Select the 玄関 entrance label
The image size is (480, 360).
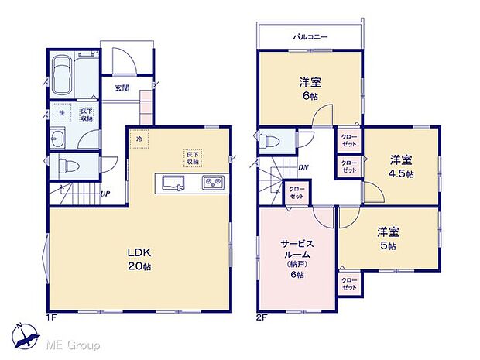coord(122,88)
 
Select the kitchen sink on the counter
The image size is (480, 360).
coord(172,183)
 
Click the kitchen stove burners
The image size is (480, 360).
coord(212,183)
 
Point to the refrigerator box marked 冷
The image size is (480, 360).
coord(139,139)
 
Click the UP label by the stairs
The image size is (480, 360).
coord(103,194)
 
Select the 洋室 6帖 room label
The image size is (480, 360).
coord(308,87)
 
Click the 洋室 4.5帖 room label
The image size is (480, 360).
coord(400,166)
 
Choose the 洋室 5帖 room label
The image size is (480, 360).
coord(387,238)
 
